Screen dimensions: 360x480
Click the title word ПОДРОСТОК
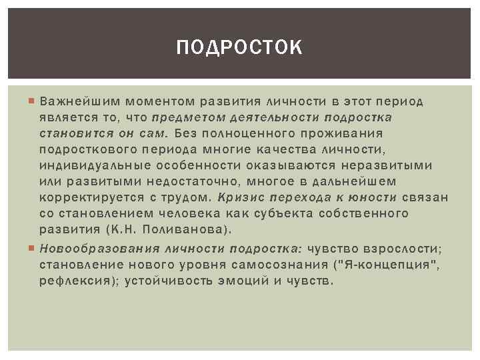click(240, 48)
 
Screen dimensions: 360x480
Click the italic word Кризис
click(239, 197)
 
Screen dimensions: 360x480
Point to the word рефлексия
click(75, 281)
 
